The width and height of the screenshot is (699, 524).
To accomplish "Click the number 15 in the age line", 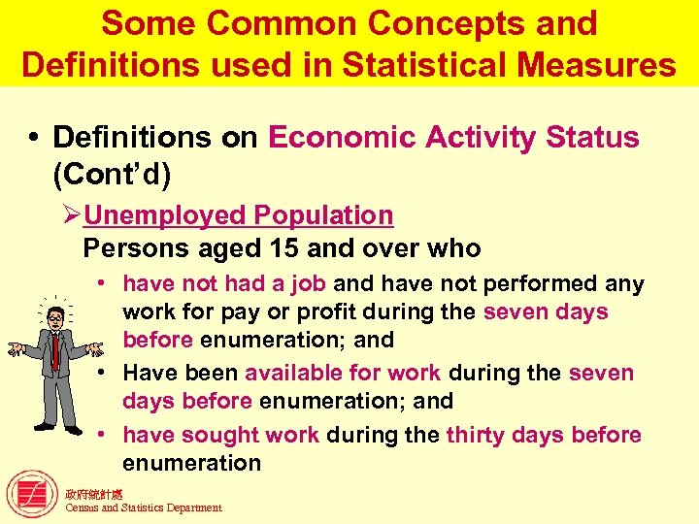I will (283, 248).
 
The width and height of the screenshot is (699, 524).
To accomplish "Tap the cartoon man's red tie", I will (55, 354).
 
